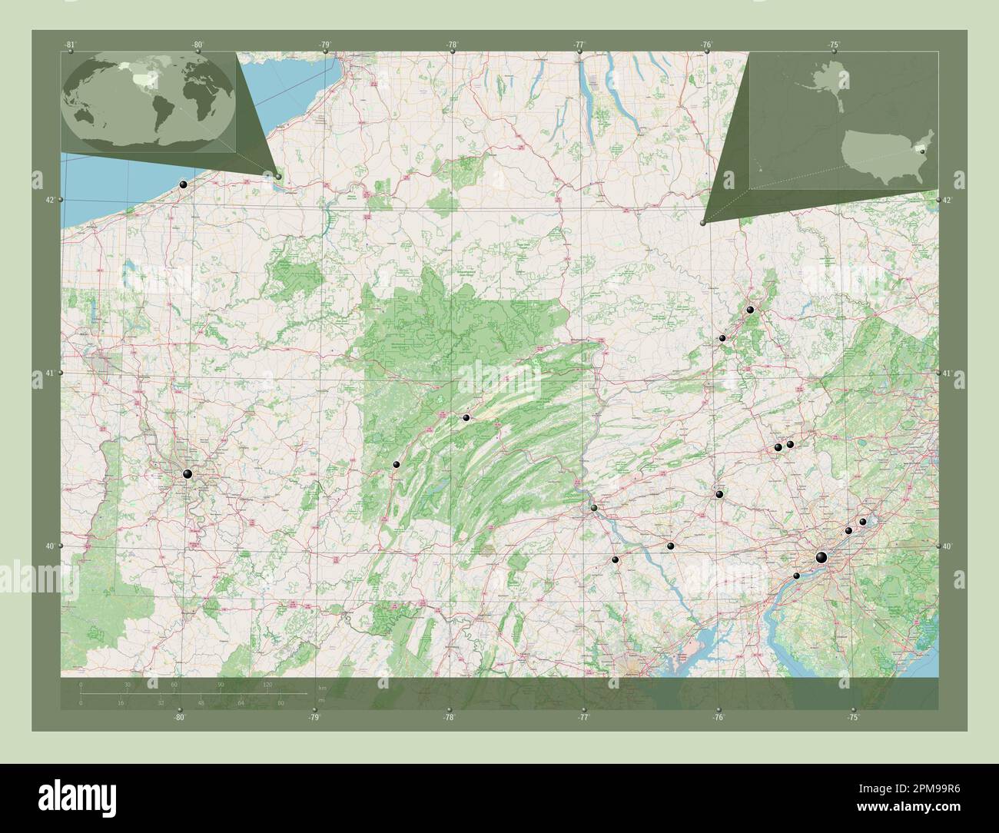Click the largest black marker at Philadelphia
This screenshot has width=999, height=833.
click(x=821, y=558)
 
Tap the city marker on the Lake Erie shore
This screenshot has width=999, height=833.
click(x=183, y=184)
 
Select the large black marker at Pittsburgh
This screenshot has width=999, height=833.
click(x=188, y=475)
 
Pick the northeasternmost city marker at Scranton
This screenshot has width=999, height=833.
click(x=750, y=309)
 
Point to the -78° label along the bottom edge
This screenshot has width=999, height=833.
click(x=449, y=717)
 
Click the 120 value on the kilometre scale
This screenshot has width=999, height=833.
click(x=268, y=684)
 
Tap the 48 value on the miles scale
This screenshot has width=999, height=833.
click(x=199, y=702)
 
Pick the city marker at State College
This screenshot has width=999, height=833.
click(x=466, y=418)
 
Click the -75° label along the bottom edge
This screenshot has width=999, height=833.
click(x=853, y=717)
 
